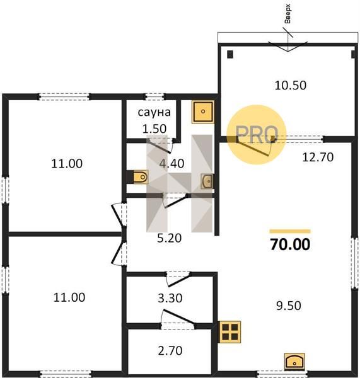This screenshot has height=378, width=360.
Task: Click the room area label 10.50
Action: point(291,85)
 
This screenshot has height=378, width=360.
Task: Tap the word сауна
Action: point(154,112)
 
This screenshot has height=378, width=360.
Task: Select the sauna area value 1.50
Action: point(154,129)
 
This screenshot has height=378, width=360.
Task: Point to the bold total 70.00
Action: point(290,244)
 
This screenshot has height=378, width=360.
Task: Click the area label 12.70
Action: point(318,157)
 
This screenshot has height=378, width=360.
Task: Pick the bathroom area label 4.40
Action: point(171,164)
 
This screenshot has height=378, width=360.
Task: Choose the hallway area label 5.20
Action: point(169,238)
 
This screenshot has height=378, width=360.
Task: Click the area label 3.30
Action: point(170,298)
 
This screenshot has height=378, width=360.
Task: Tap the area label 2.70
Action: point(170,351)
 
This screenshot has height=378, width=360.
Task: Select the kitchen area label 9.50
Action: point(289,306)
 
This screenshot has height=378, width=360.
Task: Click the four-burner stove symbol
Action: point(230,332)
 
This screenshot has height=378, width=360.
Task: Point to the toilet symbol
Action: point(141,177)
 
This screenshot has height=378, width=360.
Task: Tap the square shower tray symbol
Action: point(203,112)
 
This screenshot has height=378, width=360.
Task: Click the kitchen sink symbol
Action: point(294,362)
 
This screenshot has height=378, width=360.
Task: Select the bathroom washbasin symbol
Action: point(207,181)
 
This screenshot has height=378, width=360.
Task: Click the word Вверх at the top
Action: point(287,14)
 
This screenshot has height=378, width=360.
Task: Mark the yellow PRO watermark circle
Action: point(256,135)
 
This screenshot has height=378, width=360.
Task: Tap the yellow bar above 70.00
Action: point(290,231)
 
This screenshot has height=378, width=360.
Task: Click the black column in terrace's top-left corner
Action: point(230,54)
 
